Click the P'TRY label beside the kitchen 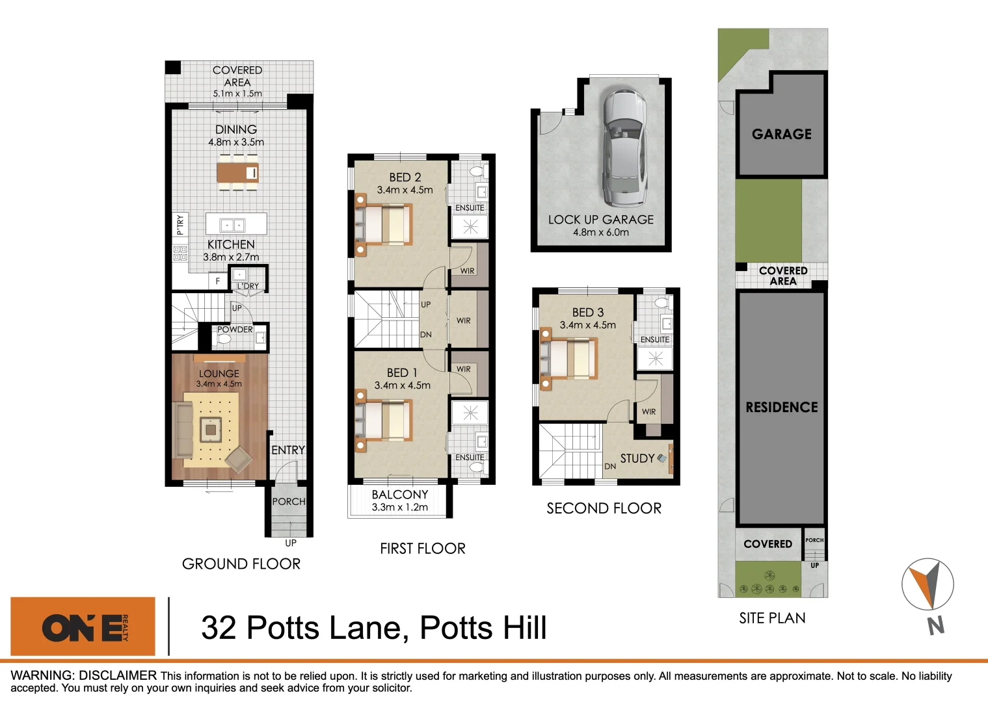click(x=180, y=224)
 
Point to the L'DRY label click(x=248, y=286)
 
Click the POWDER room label click(x=235, y=330)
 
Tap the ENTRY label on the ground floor click(x=287, y=450)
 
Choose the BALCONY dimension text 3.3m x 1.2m click(x=399, y=508)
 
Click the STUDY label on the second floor click(x=637, y=458)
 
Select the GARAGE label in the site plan click(x=781, y=134)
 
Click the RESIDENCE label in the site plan click(x=781, y=408)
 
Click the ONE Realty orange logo click(x=83, y=627)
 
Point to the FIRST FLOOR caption click(x=423, y=549)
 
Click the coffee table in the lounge click(x=211, y=429)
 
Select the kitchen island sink click(x=232, y=225)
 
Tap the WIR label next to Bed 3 click(x=648, y=411)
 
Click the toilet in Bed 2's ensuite click(x=477, y=172)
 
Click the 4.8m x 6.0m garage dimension click(x=600, y=232)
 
